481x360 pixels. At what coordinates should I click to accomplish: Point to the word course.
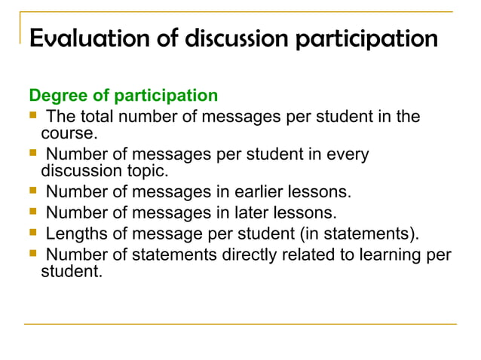pos(69,133)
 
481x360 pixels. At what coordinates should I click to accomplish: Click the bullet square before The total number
pos(32,116)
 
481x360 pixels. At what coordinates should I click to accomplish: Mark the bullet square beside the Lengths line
pos(32,233)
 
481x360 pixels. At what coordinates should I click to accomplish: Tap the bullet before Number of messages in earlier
pos(32,191)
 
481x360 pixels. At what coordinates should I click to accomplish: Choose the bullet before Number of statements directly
pos(32,255)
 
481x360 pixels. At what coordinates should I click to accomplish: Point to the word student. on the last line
pos(70,272)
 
